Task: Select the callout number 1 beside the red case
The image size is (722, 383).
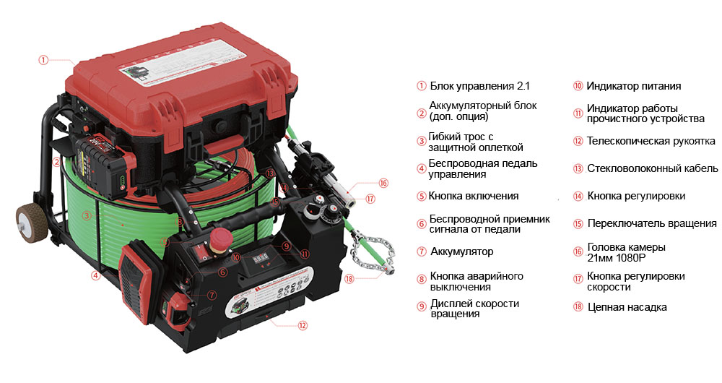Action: (x=43, y=60)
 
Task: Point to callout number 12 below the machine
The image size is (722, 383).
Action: (x=302, y=325)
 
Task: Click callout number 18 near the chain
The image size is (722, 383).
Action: (x=349, y=278)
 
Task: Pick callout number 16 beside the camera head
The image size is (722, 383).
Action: (x=383, y=183)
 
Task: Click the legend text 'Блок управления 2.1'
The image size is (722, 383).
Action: (x=480, y=86)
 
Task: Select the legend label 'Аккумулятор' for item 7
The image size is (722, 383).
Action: (x=462, y=251)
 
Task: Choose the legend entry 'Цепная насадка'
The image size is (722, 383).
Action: (x=627, y=307)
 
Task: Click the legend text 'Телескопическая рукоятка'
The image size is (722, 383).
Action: (x=651, y=141)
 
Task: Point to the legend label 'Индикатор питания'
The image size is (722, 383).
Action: (x=634, y=86)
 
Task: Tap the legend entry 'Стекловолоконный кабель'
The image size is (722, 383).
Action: (x=653, y=168)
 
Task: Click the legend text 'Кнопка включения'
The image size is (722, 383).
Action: (x=474, y=196)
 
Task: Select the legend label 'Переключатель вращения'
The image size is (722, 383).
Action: (x=652, y=223)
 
